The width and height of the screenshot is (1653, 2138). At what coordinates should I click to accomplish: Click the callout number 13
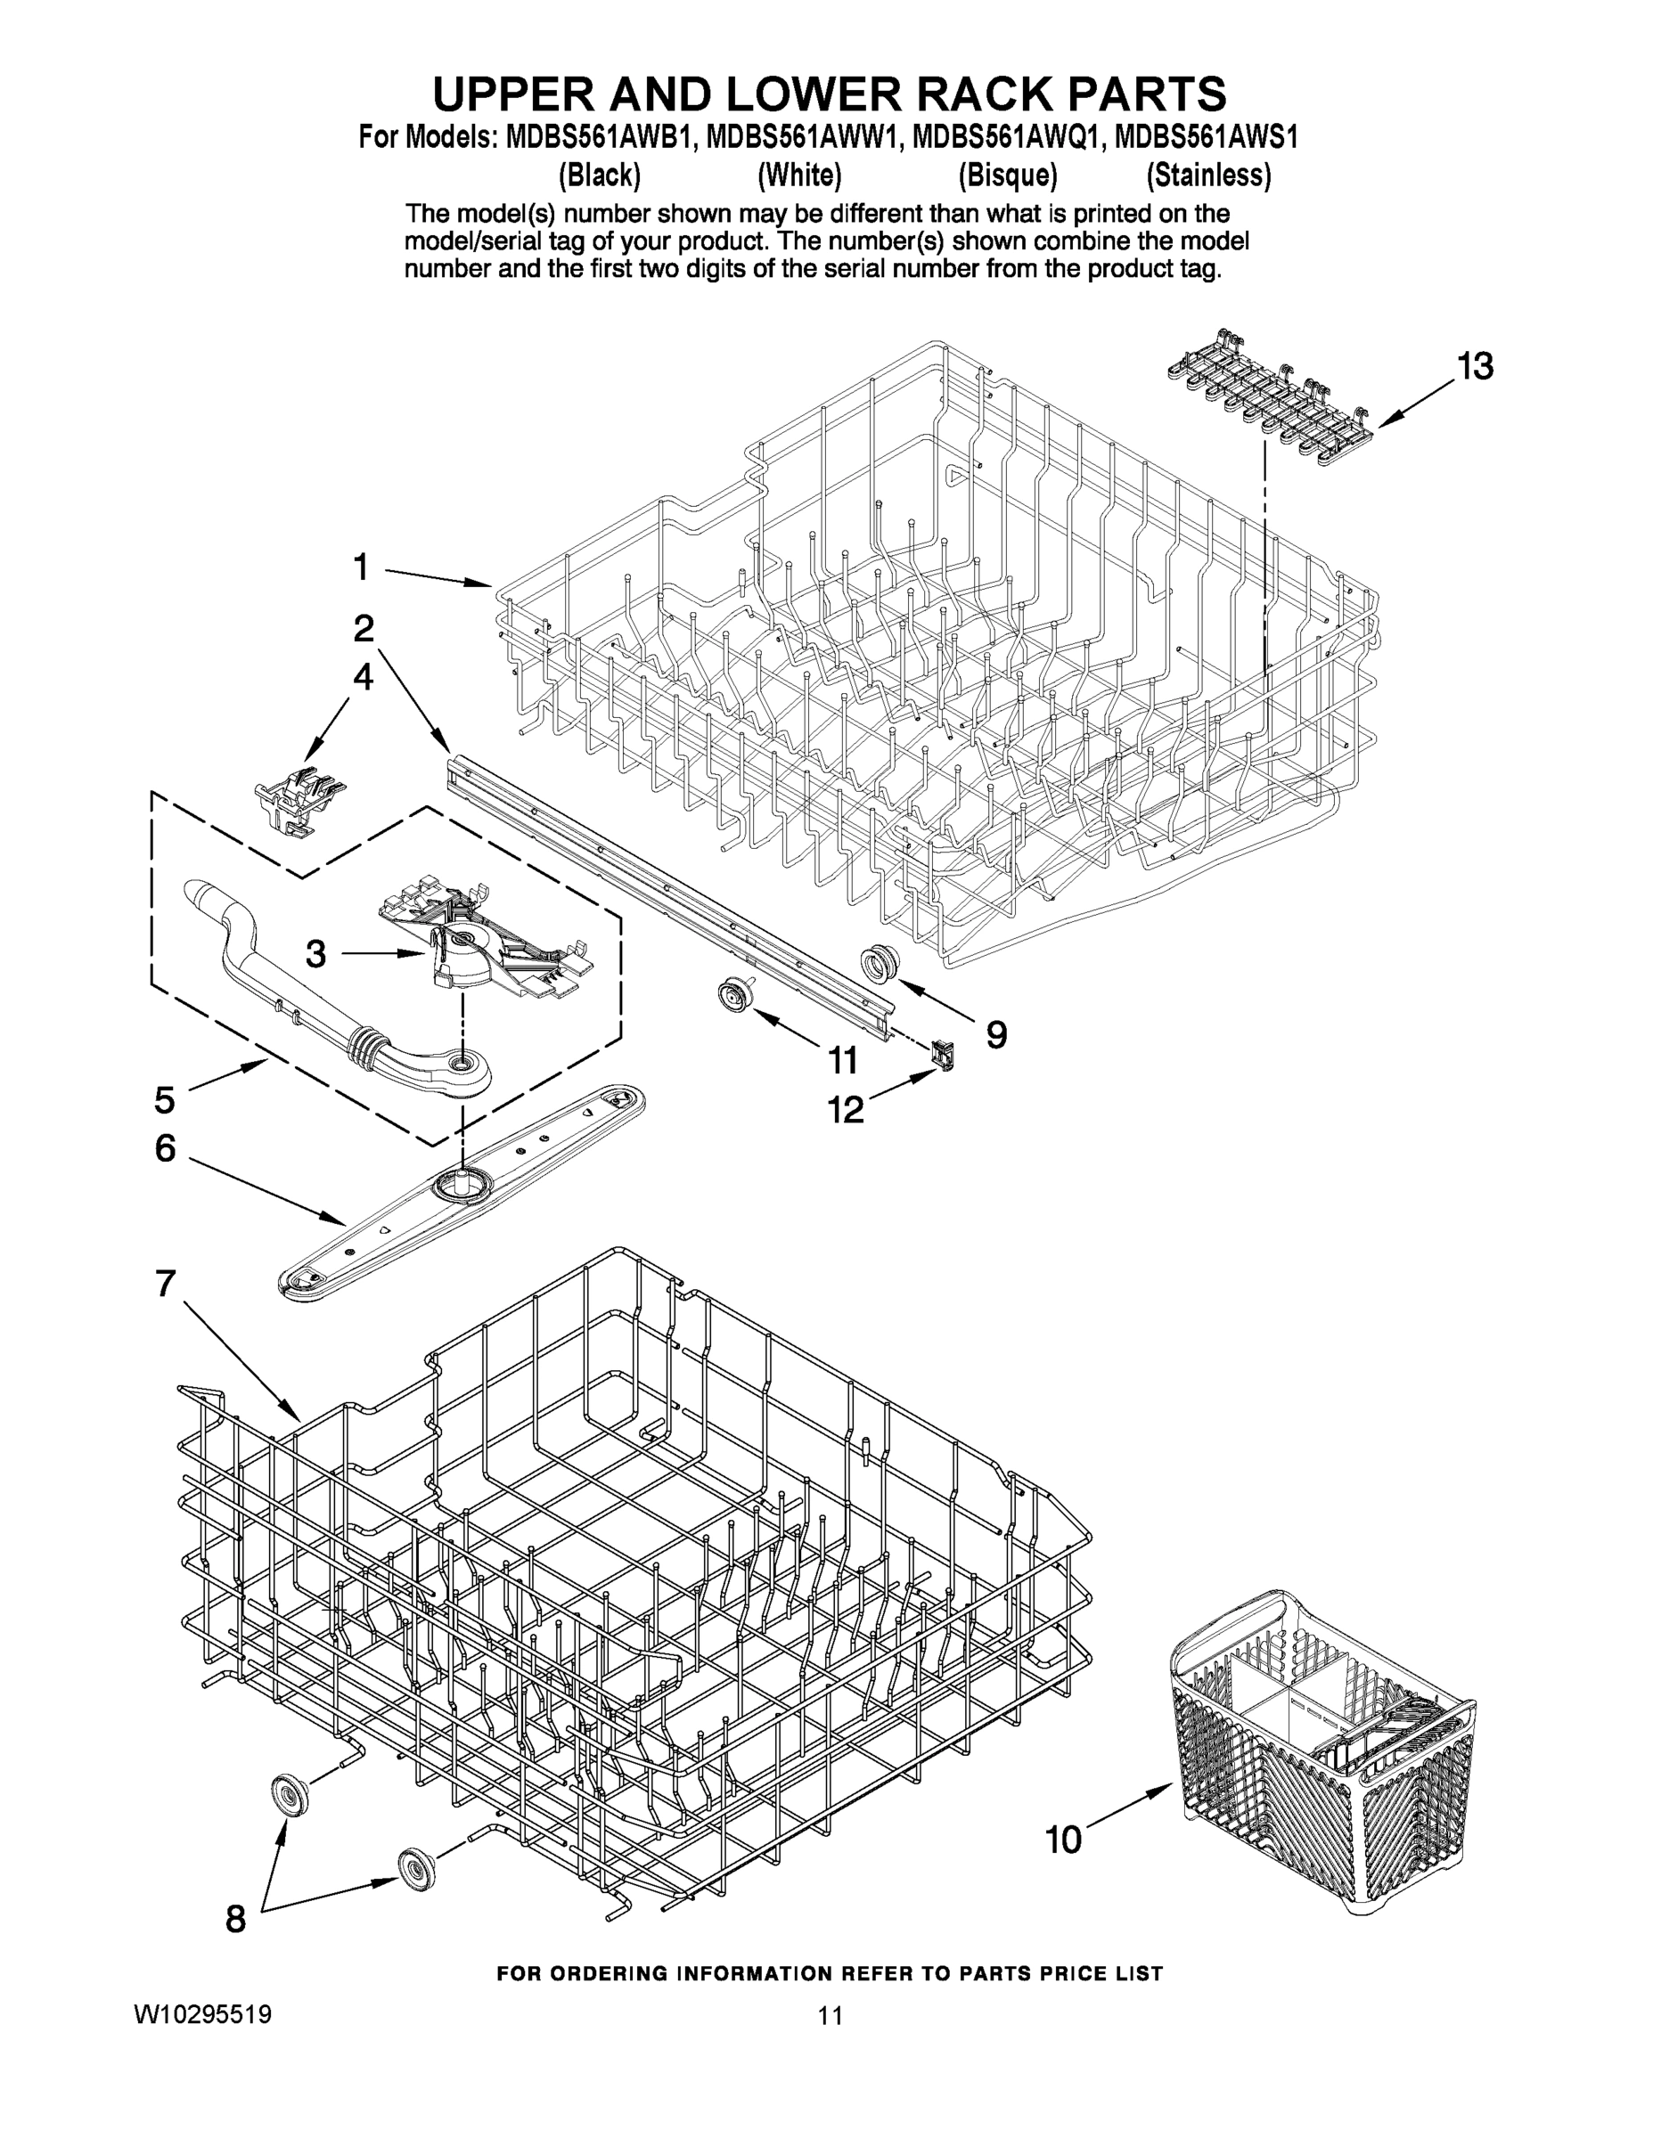(1474, 366)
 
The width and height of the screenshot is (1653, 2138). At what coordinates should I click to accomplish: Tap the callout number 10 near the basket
(1063, 1840)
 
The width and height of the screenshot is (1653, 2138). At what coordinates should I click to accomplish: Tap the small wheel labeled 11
(730, 996)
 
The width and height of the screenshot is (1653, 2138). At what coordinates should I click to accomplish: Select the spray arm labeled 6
(460, 1184)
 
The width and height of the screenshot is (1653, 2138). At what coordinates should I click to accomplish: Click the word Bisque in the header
(1008, 176)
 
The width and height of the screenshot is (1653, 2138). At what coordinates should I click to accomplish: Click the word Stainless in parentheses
(1208, 176)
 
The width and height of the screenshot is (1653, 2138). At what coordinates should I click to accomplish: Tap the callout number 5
(164, 1099)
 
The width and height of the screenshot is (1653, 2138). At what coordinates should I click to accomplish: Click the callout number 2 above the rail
(364, 627)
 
